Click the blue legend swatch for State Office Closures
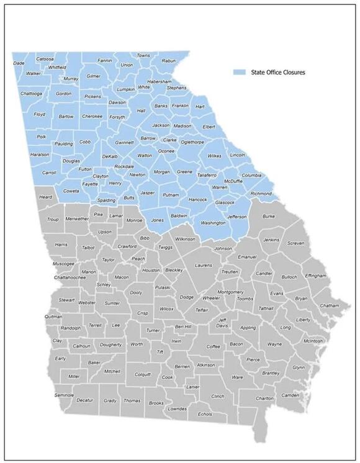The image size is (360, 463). pyautogui.click(x=239, y=73)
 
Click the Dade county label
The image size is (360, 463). pyautogui.click(x=19, y=63)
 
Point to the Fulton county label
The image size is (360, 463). pyautogui.click(x=85, y=169)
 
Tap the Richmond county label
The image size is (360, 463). pyautogui.click(x=261, y=194)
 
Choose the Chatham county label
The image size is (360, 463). pyautogui.click(x=330, y=305)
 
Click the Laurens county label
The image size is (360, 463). pyautogui.click(x=204, y=265)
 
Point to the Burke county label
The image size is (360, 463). pyautogui.click(x=269, y=216)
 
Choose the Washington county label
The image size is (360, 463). pyautogui.click(x=214, y=222)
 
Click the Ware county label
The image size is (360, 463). pyautogui.click(x=237, y=377)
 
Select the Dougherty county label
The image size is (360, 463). pyautogui.click(x=111, y=344)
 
